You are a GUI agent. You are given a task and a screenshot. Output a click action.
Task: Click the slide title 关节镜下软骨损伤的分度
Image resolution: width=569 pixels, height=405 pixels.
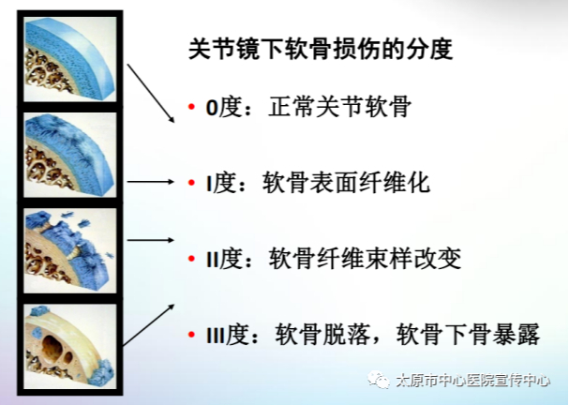(321, 49)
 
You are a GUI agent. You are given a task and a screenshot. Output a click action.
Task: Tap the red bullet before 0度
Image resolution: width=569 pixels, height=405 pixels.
(191, 107)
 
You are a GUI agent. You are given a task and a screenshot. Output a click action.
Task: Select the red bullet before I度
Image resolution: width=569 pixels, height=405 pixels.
(191, 183)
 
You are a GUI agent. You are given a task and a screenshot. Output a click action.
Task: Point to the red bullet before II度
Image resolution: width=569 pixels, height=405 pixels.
(191, 259)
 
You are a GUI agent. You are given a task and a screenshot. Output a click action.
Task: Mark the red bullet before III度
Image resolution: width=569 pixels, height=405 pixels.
(191, 335)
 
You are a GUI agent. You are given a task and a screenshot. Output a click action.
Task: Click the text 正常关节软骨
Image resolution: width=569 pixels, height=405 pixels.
(340, 107)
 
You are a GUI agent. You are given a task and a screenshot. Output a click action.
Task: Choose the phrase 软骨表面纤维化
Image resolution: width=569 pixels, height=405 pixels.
(347, 183)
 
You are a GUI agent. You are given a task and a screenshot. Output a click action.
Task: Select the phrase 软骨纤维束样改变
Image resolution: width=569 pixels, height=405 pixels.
(365, 259)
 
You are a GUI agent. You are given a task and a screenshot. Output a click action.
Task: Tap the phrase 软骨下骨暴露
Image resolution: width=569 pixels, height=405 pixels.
(468, 335)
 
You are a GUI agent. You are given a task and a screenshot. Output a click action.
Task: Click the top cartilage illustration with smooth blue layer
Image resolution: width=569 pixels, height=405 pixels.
(70, 59)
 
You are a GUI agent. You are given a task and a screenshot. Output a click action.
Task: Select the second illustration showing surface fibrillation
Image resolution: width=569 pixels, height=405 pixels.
(70, 155)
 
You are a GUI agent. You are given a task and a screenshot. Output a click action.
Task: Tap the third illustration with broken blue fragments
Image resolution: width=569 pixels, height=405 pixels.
(70, 250)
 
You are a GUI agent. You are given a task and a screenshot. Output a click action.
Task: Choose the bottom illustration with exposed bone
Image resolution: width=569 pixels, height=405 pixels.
(70, 347)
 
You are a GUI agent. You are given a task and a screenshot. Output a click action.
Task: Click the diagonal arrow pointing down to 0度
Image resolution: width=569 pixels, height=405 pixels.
(151, 93)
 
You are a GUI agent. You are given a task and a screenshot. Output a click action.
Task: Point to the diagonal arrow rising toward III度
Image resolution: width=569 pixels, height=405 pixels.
(149, 325)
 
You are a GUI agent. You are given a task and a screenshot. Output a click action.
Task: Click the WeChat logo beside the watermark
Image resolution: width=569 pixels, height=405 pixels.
(378, 380)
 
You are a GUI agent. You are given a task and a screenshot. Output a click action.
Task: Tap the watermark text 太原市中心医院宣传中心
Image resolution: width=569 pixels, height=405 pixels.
(472, 381)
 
